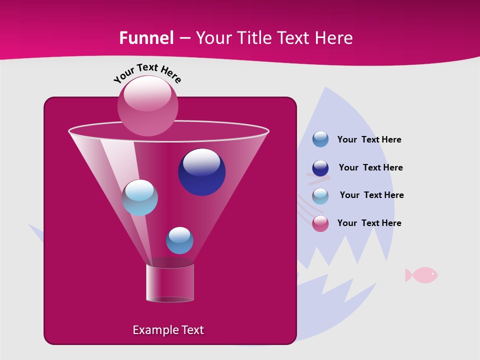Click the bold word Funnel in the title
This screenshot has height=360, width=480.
click(146, 38)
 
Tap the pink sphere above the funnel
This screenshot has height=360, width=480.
click(147, 105)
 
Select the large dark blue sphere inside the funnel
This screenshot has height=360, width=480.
click(202, 172)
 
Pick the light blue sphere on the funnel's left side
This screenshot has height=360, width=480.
click(139, 197)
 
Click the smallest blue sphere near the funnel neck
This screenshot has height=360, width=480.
click(179, 240)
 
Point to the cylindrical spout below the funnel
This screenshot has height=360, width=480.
click(170, 283)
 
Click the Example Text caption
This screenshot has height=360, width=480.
click(168, 330)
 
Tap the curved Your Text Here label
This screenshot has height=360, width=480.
click(147, 73)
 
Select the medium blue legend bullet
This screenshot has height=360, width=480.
click(320, 139)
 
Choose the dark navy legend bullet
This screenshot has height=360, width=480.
click(320, 168)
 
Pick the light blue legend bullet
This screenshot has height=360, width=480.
click(320, 196)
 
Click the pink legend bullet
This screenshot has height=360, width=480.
click(320, 223)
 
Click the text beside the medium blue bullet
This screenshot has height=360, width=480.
click(369, 139)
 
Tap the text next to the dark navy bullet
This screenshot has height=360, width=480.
click(370, 167)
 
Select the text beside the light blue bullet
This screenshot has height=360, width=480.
click(371, 195)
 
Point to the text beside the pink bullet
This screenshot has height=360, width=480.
click(369, 223)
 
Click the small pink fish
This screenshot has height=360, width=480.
click(421, 274)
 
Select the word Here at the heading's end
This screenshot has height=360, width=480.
click(334, 38)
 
